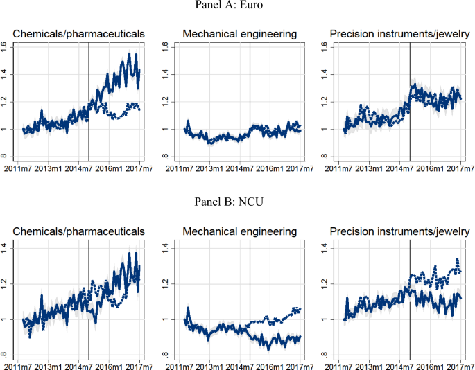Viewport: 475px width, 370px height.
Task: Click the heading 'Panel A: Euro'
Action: (x=237, y=7)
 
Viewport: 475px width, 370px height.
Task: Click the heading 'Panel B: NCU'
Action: (x=237, y=206)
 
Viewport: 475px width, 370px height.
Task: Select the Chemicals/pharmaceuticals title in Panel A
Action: (x=83, y=33)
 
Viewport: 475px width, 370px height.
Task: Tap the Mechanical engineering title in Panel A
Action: (x=239, y=33)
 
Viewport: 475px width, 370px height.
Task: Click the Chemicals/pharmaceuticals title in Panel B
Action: (x=83, y=231)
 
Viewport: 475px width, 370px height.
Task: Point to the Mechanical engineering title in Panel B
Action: (x=239, y=231)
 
